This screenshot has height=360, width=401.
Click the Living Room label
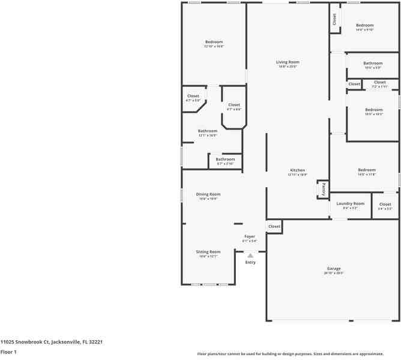(288, 62)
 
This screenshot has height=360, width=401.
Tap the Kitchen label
(298, 170)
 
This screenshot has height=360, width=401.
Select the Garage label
(333, 268)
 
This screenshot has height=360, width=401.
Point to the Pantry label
(322, 189)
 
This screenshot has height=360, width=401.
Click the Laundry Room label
(350, 203)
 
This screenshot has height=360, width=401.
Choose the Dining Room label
(208, 194)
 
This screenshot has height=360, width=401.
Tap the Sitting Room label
(208, 251)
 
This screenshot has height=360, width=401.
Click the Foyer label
(250, 236)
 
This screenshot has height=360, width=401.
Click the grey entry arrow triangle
(250, 255)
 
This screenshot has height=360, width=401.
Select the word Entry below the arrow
(250, 262)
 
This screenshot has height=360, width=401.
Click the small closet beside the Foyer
(274, 226)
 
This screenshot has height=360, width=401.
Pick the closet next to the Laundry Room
(385, 204)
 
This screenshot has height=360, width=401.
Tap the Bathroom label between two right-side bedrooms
(373, 63)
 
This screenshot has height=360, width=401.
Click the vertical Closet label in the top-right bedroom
(334, 19)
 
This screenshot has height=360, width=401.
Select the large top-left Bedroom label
(214, 42)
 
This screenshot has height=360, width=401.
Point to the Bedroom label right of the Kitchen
(366, 170)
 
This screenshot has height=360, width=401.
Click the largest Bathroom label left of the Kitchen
(208, 131)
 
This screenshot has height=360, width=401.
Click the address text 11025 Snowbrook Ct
(52, 341)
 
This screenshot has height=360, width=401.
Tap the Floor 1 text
(8, 352)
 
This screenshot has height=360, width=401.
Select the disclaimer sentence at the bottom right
(298, 353)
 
